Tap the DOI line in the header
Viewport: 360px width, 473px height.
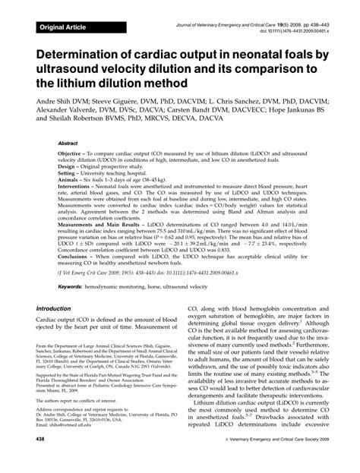click(295, 33)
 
